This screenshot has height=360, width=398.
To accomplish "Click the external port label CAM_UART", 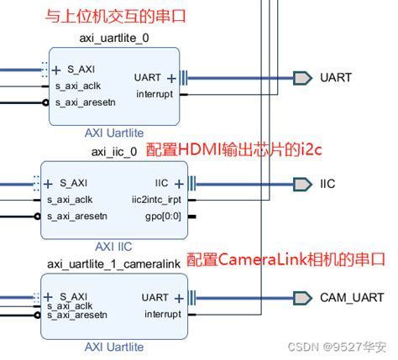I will point(351,297).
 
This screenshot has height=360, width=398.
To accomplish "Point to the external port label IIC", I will point(327,183).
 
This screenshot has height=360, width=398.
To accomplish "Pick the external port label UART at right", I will point(336,77).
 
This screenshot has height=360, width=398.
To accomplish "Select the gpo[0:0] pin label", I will point(164,217).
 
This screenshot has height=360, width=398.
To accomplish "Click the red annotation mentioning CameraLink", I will point(285,259).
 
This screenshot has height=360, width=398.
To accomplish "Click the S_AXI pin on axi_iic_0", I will point(72,182).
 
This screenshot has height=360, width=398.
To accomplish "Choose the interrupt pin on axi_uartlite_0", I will point(154,94).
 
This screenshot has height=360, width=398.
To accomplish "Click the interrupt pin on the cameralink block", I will point(154,315).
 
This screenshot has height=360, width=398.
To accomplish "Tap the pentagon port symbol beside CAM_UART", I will point(301,297).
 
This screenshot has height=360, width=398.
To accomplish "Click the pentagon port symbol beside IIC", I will point(301,183).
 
